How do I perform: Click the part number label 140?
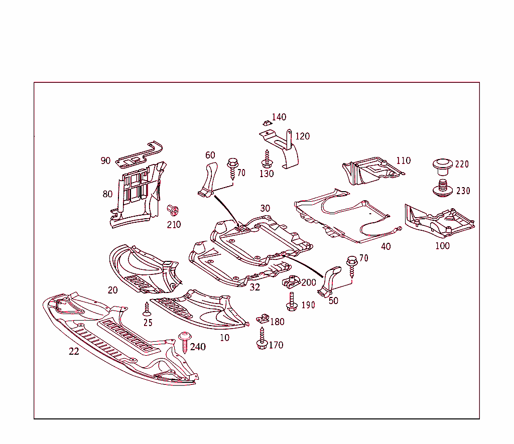pos(279,117)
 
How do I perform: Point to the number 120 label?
pos(302,136)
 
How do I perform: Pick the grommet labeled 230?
pos(443,188)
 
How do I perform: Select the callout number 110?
pos(403,161)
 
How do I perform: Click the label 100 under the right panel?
pos(442,246)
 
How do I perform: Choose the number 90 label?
pos(105,161)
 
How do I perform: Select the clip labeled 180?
pos(263,319)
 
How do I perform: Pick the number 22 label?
pos(74,352)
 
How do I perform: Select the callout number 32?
pos(255,287)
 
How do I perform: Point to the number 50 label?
pos(333,301)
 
